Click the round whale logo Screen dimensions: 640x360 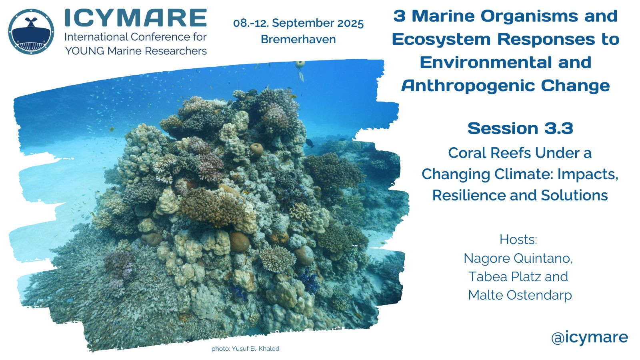(x=31, y=32)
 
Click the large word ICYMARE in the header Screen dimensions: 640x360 (x=136, y=18)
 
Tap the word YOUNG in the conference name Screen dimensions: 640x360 (x=85, y=51)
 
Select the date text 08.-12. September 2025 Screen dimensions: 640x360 (x=298, y=24)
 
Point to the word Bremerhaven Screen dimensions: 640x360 (x=298, y=40)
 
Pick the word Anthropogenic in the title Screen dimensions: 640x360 (x=468, y=86)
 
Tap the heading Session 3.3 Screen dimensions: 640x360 (x=520, y=128)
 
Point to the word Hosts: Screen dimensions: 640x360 (x=518, y=240)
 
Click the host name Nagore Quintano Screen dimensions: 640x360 (x=518, y=258)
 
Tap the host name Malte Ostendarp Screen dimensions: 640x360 (x=520, y=295)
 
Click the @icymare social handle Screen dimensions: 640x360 (x=590, y=338)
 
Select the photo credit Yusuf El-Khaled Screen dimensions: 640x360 (x=256, y=348)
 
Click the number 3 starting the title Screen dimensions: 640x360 (x=399, y=16)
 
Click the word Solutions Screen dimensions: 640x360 (x=574, y=196)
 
